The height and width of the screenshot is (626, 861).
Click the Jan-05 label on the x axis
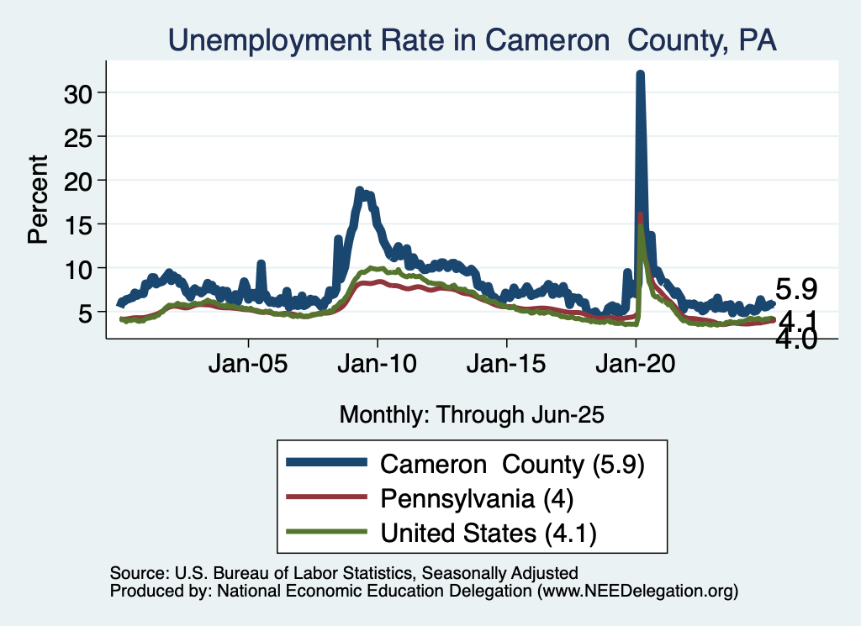249,366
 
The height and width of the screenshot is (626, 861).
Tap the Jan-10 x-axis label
378,366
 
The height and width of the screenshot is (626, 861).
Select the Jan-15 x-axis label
506,366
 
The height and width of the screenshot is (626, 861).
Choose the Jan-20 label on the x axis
636,366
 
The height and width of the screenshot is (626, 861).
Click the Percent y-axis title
38,199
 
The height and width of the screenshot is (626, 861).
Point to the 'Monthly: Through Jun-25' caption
472,413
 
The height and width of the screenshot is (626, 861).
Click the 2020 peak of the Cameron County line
640,75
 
